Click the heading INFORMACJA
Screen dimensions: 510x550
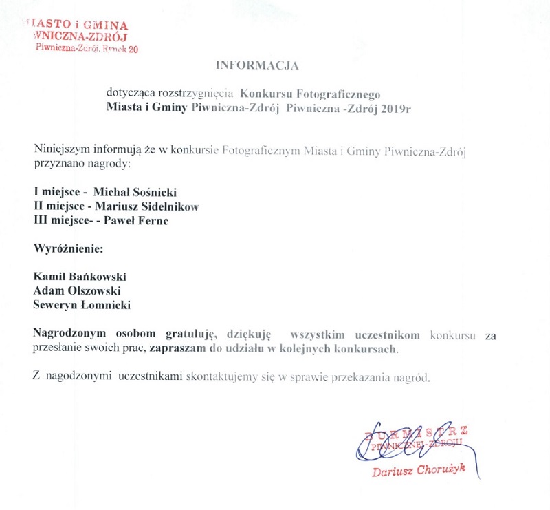click(258, 66)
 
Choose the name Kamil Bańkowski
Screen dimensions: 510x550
click(80, 276)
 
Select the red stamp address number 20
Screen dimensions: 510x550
click(133, 48)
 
